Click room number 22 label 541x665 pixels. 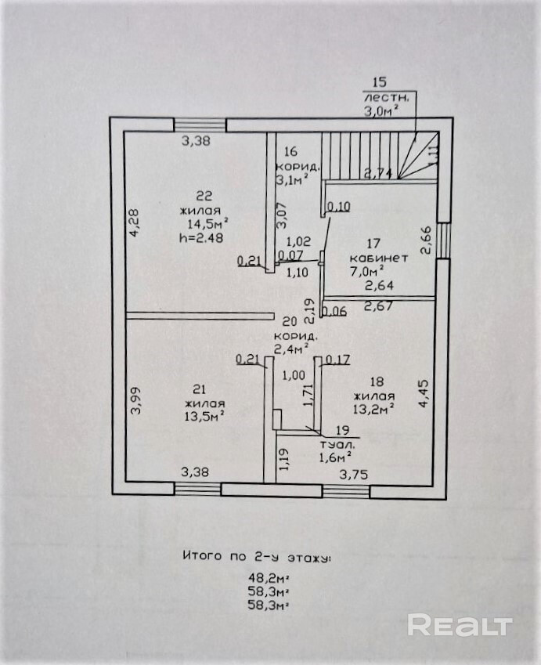[204, 196]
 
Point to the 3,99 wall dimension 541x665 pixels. [135, 400]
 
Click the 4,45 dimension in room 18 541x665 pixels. [424, 394]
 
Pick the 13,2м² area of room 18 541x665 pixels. [373, 407]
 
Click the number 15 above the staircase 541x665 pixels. [380, 82]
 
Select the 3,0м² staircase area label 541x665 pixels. [380, 111]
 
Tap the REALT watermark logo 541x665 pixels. [460, 625]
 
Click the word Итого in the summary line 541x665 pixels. [199, 558]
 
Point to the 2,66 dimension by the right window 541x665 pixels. [426, 240]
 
